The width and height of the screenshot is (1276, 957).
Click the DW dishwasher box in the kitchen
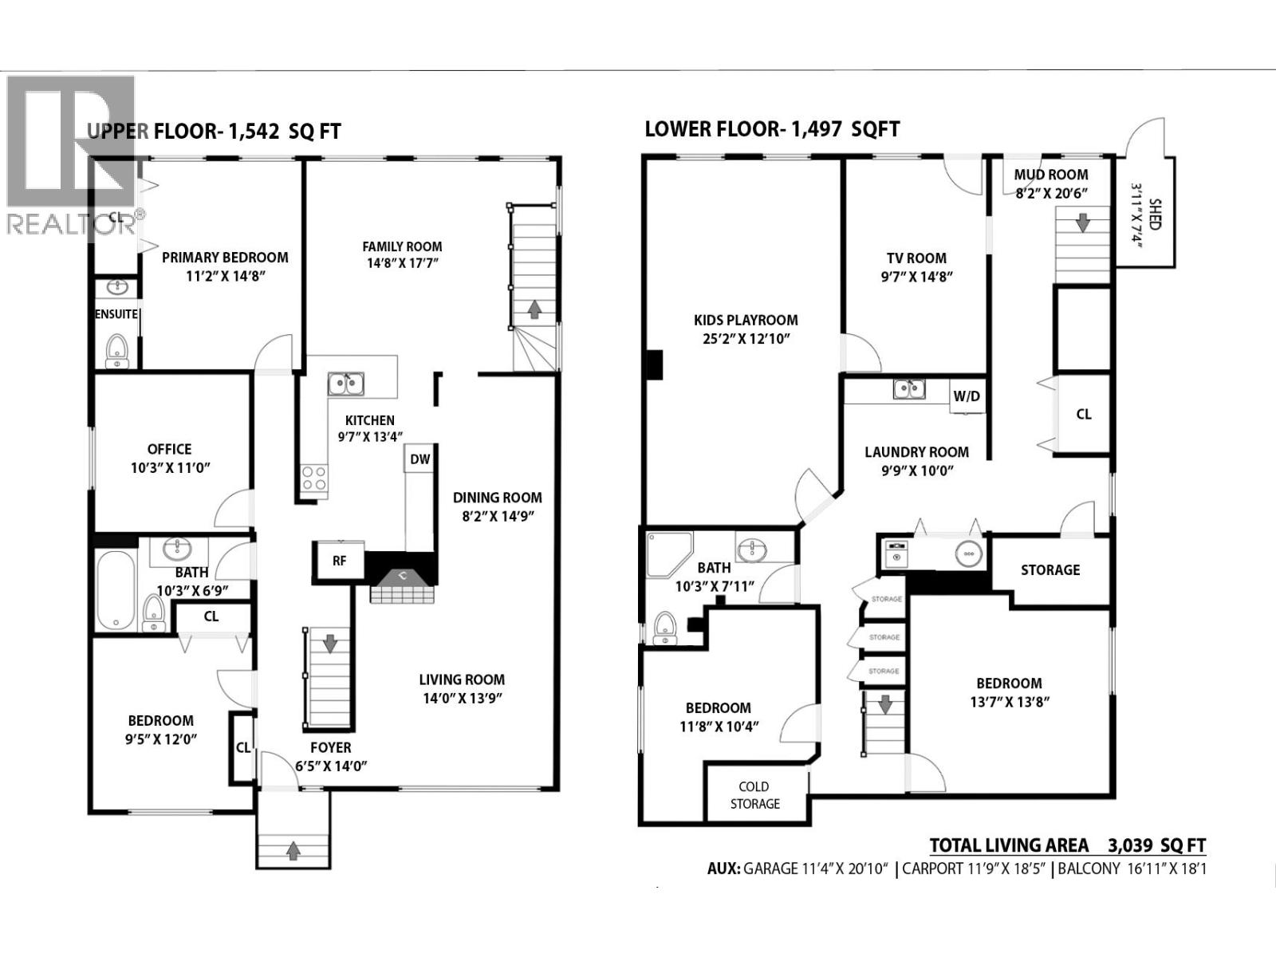click(420, 459)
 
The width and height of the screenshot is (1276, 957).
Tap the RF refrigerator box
click(340, 561)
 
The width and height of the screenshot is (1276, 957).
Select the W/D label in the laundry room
click(967, 396)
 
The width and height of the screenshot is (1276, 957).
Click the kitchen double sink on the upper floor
click(345, 384)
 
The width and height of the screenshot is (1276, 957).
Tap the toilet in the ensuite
click(117, 349)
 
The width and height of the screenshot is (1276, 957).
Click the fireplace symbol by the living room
click(404, 586)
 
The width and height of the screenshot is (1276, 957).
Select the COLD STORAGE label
click(754, 795)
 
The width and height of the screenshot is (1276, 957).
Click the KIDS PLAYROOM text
click(746, 320)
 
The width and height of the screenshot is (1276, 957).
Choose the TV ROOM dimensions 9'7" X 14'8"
click(916, 277)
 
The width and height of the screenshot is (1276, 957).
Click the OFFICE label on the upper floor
click(169, 449)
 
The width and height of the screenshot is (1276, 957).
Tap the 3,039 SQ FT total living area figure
click(1156, 845)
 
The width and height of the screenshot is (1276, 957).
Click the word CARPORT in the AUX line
click(932, 868)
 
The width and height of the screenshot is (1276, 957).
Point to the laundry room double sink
click(909, 389)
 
